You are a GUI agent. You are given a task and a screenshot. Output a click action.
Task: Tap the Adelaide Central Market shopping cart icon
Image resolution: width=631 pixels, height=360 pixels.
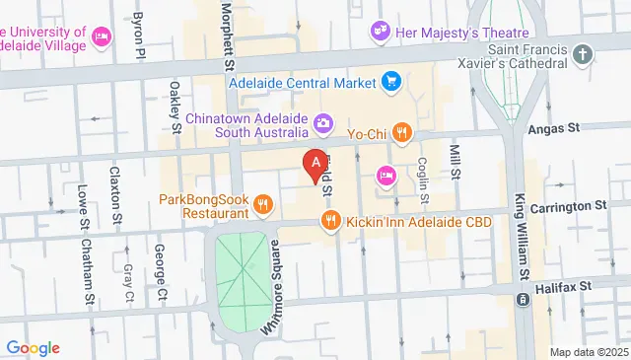[x=391, y=81]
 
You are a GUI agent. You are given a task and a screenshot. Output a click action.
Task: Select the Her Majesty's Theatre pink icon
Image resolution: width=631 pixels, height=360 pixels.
[x=380, y=33]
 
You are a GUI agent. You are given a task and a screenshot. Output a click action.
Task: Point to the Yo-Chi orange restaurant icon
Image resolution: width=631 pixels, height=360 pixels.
[x=401, y=132]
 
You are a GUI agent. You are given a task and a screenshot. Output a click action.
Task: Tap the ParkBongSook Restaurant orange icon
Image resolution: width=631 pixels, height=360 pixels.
[x=262, y=205]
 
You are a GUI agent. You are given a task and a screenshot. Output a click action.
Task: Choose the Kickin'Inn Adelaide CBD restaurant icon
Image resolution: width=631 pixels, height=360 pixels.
[x=330, y=223]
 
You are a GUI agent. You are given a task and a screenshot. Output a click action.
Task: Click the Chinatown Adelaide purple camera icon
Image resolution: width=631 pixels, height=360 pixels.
[x=323, y=122]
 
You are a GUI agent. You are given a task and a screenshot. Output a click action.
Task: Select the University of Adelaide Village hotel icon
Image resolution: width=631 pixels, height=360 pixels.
[x=100, y=36]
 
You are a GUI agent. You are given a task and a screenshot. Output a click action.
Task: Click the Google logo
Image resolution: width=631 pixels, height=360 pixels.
[x=33, y=347]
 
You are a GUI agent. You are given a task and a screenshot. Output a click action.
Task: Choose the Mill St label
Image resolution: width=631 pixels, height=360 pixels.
[x=456, y=161]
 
